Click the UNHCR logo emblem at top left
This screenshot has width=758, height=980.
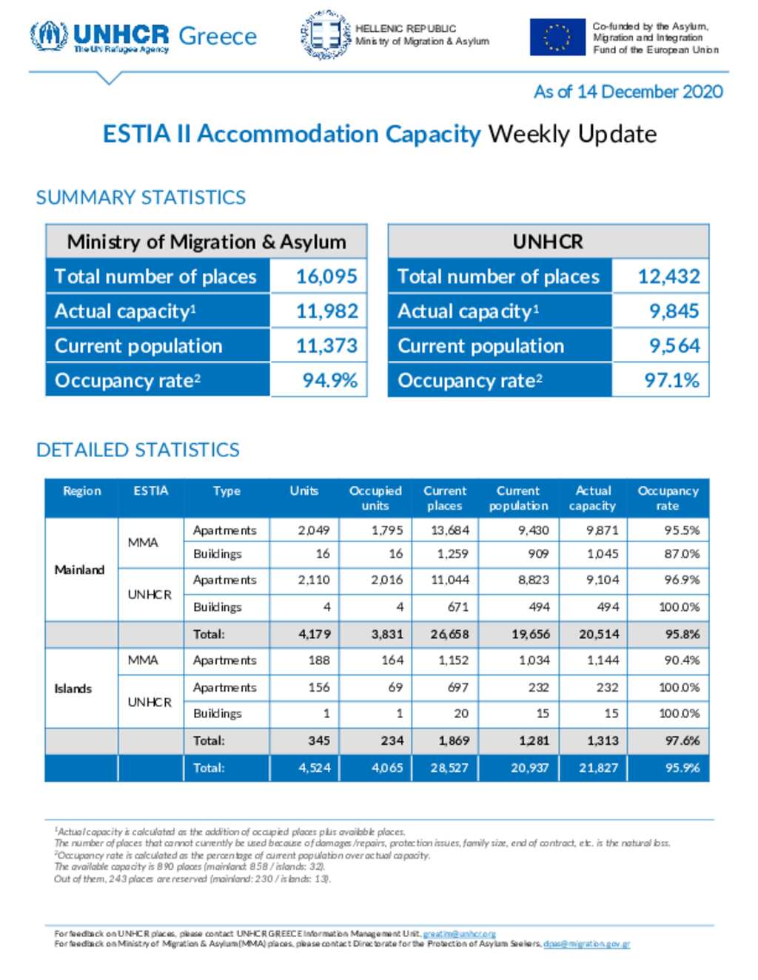49,36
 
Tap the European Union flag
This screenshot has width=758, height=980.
557,37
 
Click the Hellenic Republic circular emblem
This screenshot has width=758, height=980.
326,35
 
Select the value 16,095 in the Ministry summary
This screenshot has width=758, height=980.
326,276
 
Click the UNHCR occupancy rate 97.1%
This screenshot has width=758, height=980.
672,380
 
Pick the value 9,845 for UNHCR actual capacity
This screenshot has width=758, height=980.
674,311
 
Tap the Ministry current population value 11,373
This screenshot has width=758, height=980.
326,345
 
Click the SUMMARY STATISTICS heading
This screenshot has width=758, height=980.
141,197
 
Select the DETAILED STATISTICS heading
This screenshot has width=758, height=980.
138,450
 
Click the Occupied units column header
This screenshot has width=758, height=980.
375,498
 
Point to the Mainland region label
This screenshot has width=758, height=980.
79,570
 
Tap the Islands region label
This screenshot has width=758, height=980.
73,689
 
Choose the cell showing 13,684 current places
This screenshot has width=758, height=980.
450,530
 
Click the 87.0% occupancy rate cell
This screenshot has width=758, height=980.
682,553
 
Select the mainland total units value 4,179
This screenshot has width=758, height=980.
315,634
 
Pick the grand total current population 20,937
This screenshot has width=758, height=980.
530,768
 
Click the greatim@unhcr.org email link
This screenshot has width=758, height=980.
459,934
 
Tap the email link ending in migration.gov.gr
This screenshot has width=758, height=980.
586,944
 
